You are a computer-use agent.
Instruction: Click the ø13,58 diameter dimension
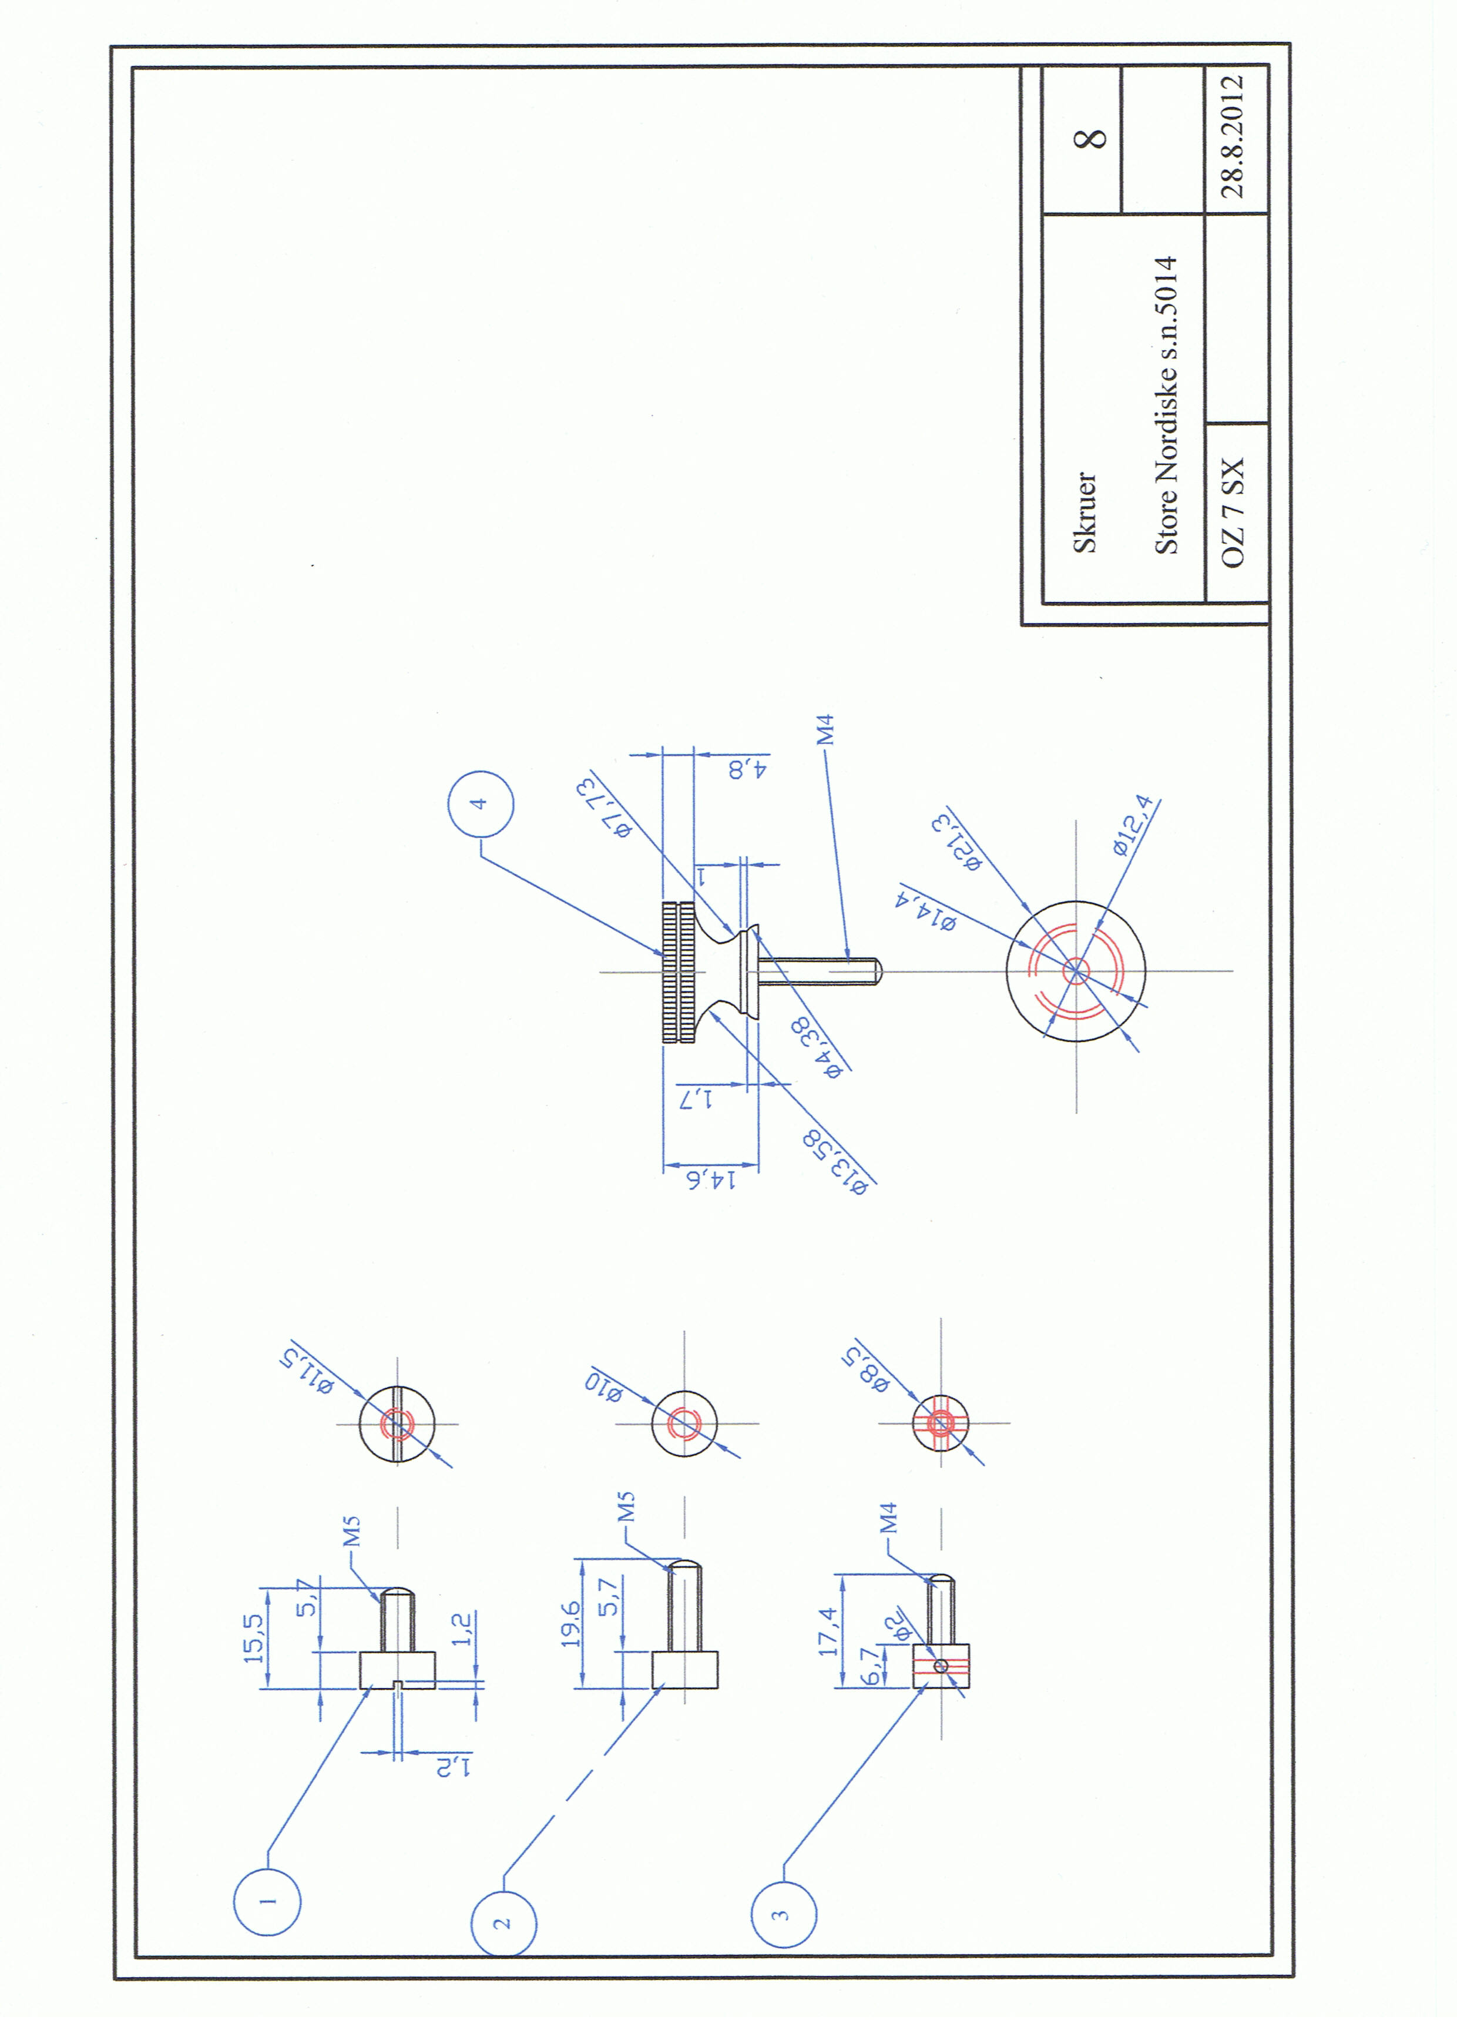pos(834,1161)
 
